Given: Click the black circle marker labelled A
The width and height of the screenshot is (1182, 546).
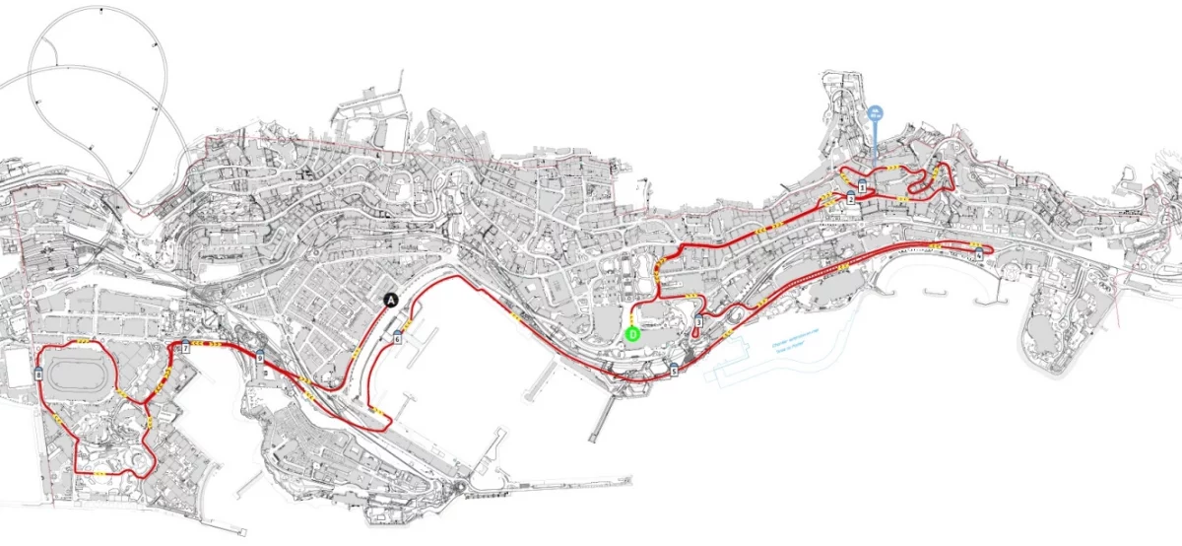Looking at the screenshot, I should tap(391, 300).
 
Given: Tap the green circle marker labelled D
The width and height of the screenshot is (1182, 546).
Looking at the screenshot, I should tap(633, 333).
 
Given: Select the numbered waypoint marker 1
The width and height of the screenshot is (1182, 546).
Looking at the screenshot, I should tap(862, 186).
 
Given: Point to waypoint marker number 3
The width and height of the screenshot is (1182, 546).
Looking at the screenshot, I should tap(698, 321).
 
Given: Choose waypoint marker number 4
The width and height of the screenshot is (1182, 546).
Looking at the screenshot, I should tap(979, 254).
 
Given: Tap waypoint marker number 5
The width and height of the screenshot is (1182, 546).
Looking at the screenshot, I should tap(674, 371).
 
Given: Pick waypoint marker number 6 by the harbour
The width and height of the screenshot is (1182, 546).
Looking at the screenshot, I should tap(397, 338).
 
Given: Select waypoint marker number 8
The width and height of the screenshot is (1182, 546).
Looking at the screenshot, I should tap(37, 375).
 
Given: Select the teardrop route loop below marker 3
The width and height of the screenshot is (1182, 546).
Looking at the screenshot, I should tap(697, 332).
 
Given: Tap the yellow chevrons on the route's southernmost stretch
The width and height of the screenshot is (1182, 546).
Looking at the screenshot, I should tap(102, 475).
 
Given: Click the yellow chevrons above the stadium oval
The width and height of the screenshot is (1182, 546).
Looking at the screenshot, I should tap(83, 341).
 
